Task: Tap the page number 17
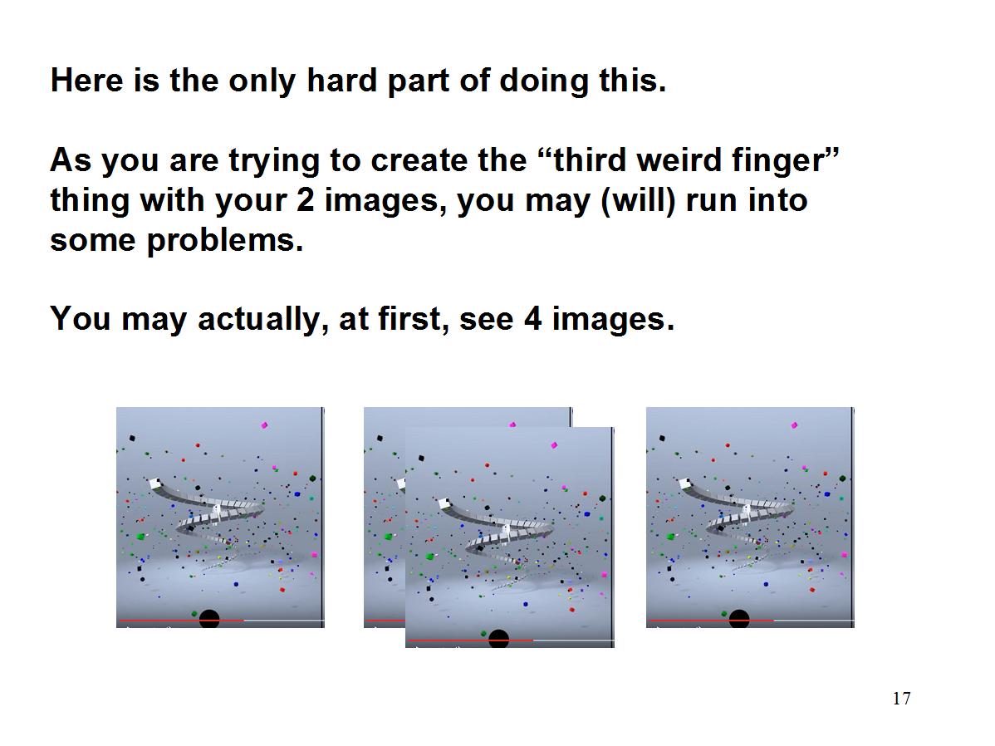[x=901, y=699]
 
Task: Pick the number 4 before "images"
[x=532, y=319]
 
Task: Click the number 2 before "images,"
[x=305, y=200]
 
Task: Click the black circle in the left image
[x=209, y=618]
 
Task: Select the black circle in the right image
[x=738, y=618]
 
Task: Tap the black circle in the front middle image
[x=499, y=638]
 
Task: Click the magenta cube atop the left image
[x=265, y=425]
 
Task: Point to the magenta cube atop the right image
[x=794, y=425]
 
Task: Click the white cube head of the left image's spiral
[x=155, y=484]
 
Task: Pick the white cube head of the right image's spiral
[x=685, y=484]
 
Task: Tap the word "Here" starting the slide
[x=87, y=81]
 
